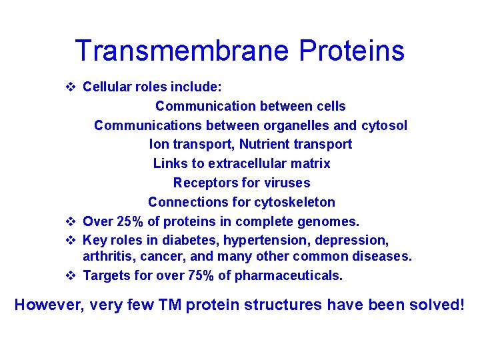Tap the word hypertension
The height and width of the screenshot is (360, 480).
tap(263, 240)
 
